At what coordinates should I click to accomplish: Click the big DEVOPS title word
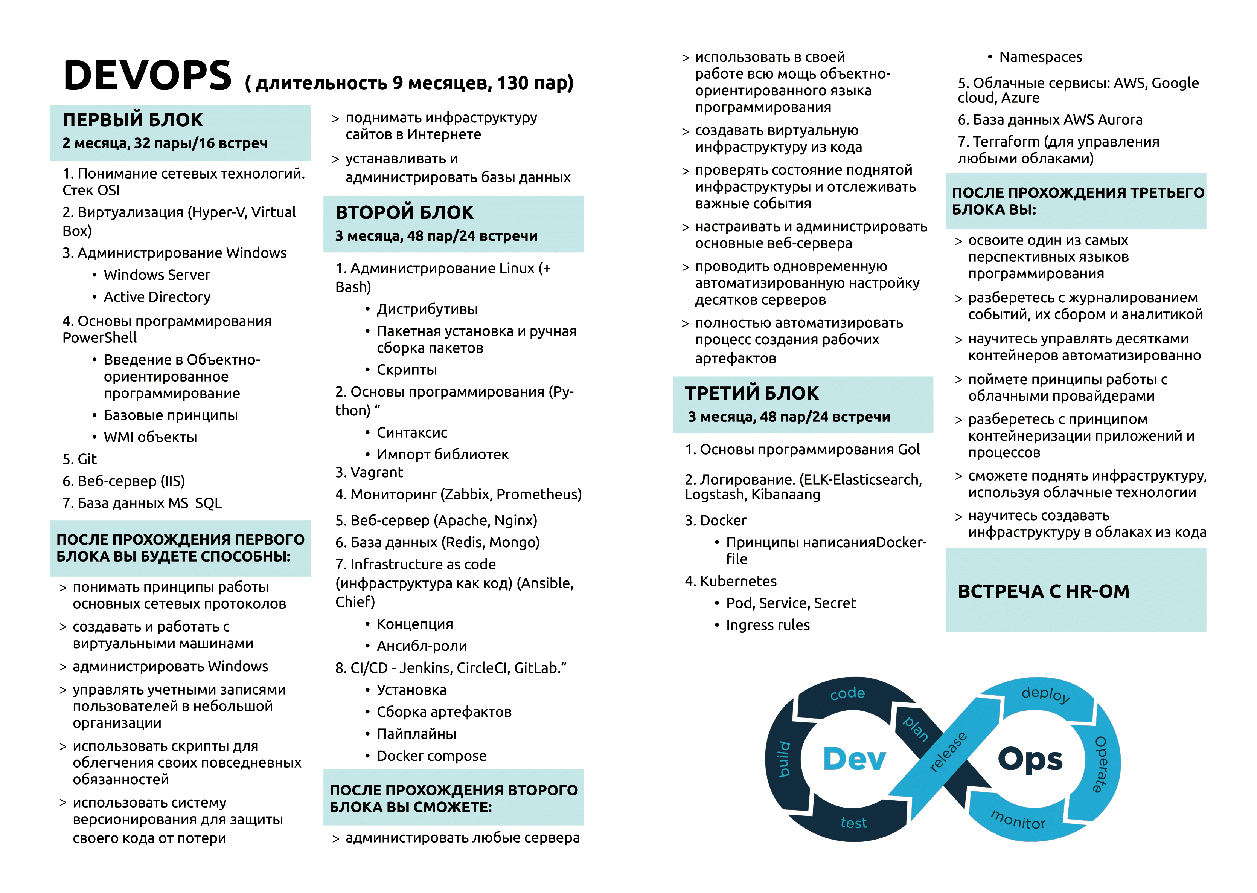click(147, 75)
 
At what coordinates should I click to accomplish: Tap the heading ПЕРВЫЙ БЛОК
click(133, 120)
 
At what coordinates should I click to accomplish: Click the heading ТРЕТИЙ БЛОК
click(751, 393)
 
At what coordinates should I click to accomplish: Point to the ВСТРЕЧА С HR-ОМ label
click(1043, 591)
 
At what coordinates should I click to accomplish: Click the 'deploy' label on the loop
click(1045, 695)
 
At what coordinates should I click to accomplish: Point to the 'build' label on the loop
click(784, 759)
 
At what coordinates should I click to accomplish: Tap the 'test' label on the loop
click(853, 823)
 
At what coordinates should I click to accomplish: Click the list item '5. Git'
click(80, 459)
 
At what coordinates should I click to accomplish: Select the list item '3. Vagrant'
click(369, 472)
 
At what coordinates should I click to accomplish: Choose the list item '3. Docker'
click(716, 520)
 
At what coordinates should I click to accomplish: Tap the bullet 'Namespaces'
click(1041, 57)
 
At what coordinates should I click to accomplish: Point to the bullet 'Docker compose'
click(431, 756)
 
